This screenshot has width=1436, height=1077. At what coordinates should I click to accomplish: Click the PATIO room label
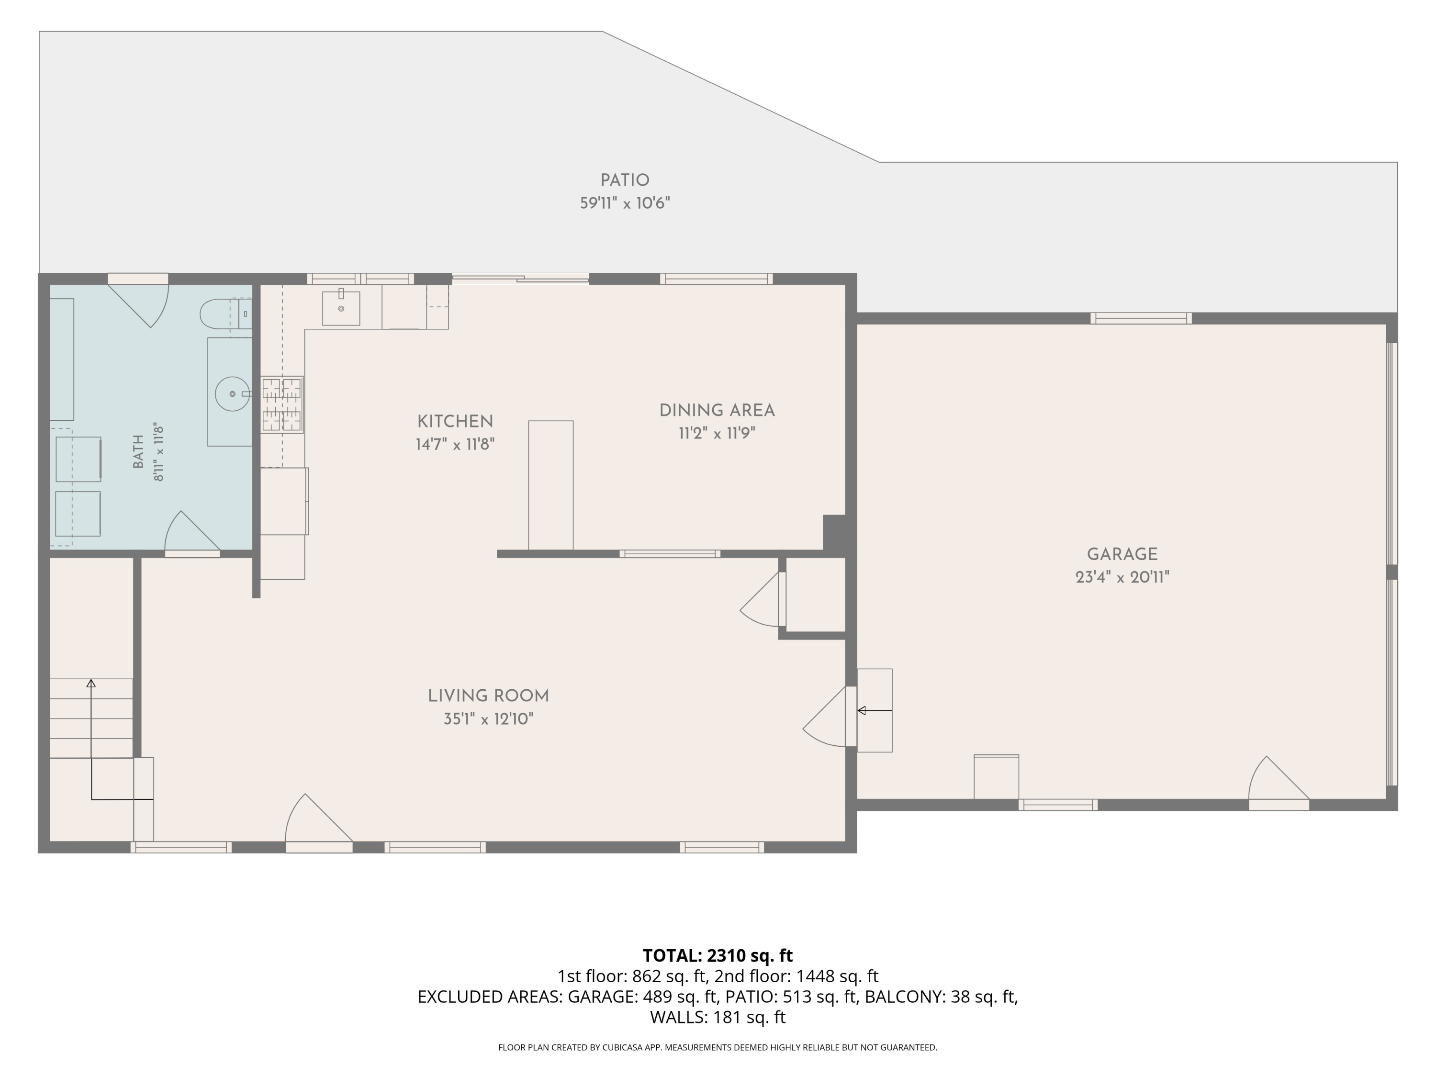click(625, 180)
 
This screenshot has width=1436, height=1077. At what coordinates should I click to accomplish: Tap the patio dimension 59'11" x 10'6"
click(625, 203)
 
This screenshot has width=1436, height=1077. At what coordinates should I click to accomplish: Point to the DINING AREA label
click(717, 410)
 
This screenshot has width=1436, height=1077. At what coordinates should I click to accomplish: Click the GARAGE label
click(1122, 554)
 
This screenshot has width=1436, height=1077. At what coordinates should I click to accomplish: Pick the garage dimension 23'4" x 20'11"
click(1122, 577)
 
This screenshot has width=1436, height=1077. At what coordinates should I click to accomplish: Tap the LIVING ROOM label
click(488, 696)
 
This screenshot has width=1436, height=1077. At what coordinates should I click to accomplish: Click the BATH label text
click(138, 452)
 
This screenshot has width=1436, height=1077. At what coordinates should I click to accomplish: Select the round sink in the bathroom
click(233, 393)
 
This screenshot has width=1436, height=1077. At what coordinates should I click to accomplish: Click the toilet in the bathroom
click(225, 314)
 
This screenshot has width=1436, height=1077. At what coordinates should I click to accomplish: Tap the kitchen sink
click(341, 308)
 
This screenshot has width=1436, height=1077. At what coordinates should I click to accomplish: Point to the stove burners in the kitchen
click(282, 404)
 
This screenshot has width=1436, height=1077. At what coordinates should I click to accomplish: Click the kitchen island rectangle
click(550, 485)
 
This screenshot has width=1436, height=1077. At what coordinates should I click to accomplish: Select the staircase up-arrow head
click(91, 684)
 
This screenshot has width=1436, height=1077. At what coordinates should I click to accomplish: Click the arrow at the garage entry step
click(875, 711)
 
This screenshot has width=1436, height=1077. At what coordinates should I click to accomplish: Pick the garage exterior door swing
click(1278, 783)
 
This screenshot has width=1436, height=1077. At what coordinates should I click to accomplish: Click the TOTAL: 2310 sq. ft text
click(718, 955)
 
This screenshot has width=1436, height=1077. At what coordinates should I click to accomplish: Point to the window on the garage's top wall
click(1141, 318)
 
